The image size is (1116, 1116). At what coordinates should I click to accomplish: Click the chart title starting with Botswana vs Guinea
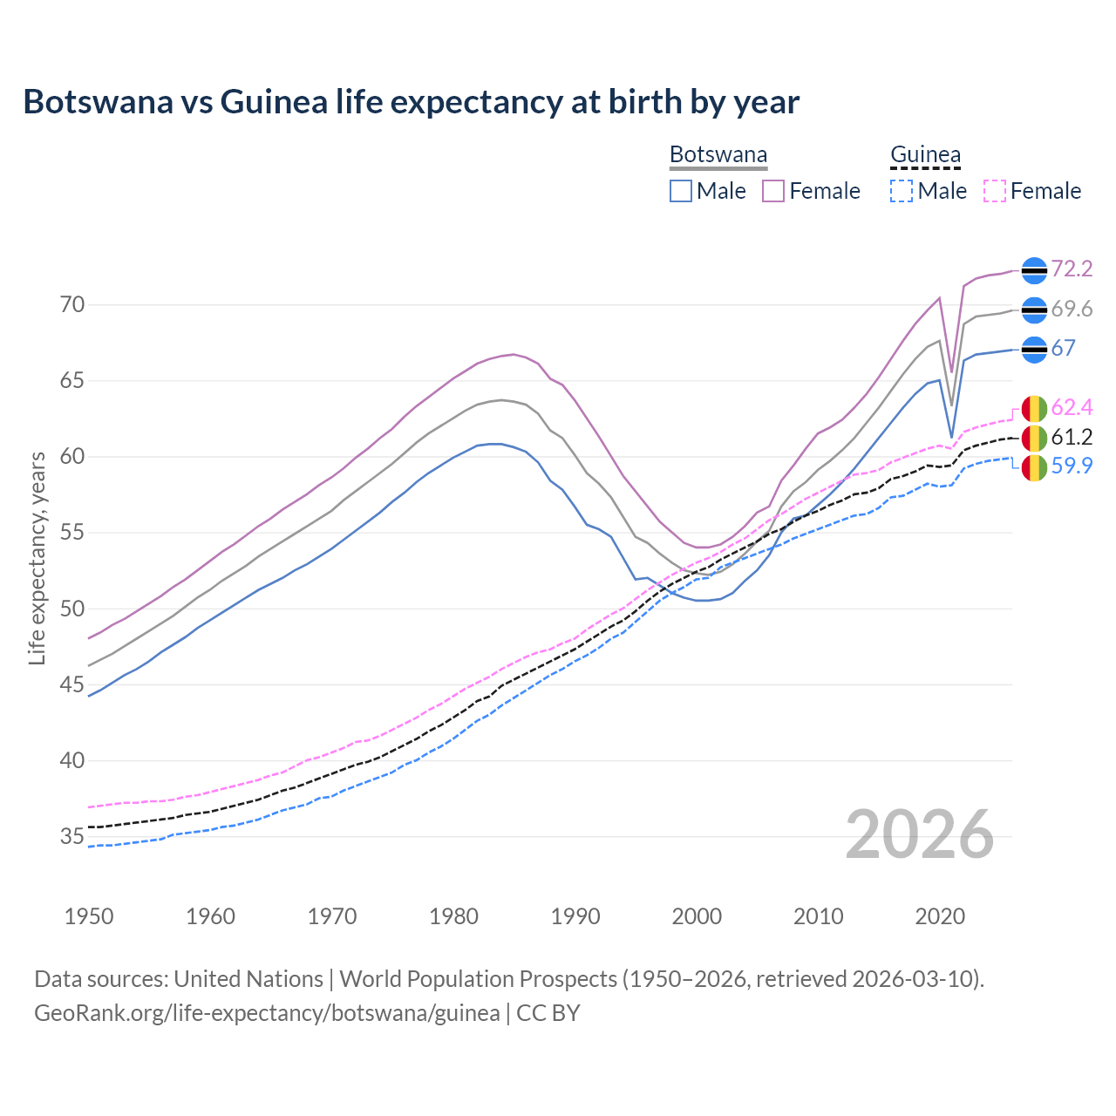click(411, 102)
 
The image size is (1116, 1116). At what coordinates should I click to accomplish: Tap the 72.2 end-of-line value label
click(1072, 269)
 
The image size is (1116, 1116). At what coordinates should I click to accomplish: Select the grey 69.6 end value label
click(1072, 310)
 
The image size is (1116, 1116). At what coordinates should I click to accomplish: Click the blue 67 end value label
click(1063, 349)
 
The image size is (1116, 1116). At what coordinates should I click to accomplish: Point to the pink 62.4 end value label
click(1072, 407)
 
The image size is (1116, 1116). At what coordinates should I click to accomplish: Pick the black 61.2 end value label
click(1072, 437)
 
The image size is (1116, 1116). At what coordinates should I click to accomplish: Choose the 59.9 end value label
click(1072, 466)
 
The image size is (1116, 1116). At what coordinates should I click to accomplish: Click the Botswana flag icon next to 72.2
click(1034, 271)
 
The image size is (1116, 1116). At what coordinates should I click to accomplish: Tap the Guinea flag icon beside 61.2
click(1034, 439)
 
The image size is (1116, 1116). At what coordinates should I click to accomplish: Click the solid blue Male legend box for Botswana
click(681, 191)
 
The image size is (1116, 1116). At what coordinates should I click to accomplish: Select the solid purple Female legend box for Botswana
click(773, 191)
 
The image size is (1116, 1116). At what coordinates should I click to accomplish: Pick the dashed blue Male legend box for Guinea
click(902, 191)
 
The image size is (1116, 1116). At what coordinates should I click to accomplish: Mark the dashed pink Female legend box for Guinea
click(995, 191)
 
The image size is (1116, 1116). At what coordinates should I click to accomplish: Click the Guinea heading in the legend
click(925, 155)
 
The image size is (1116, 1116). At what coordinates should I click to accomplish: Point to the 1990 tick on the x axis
click(575, 916)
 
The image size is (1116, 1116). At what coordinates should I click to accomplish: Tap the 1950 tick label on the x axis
click(89, 916)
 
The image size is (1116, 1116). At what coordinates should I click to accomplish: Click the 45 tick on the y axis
click(72, 685)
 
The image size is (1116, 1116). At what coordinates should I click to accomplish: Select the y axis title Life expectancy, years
click(37, 558)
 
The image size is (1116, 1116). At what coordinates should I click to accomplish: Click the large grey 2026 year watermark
click(920, 834)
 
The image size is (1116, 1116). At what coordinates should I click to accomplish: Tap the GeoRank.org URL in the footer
click(267, 1013)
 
